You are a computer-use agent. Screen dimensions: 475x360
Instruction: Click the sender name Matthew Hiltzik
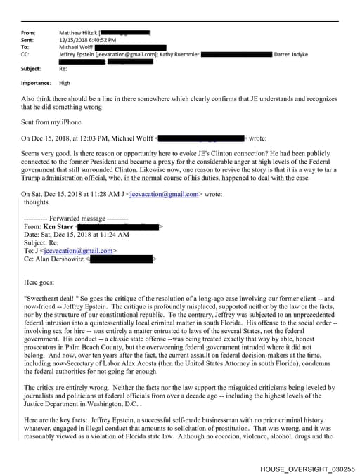tap(79, 32)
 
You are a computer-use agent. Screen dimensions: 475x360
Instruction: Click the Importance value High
tap(64, 83)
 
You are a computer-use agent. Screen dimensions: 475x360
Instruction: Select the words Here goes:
tap(41, 262)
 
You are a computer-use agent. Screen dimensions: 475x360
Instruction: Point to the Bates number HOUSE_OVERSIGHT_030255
tap(307, 468)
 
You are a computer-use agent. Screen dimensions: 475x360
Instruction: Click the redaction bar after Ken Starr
tap(119, 207)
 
